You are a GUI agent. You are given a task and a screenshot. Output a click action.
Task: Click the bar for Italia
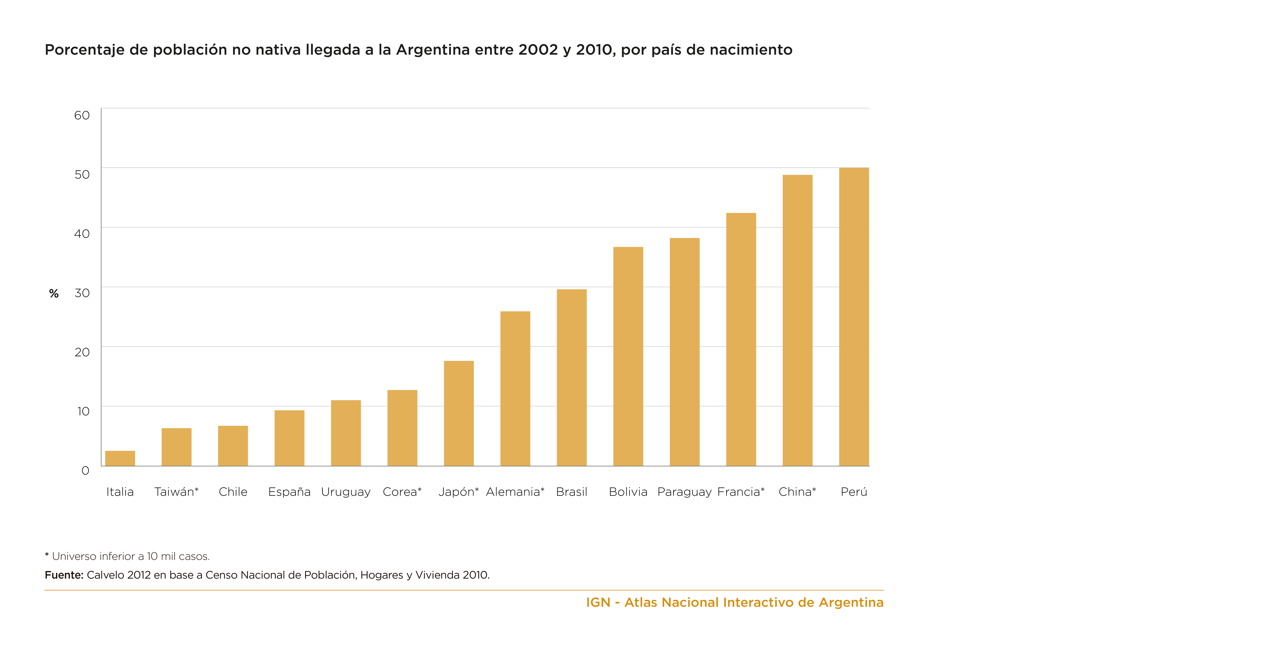[120, 458]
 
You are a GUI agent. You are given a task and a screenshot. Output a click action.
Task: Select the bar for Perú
[854, 317]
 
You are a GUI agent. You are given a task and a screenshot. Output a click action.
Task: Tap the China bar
[798, 320]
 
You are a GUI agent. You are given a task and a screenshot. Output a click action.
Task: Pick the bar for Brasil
[572, 378]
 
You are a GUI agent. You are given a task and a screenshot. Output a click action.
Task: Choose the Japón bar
[459, 413]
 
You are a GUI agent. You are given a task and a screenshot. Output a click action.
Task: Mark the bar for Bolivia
[628, 356]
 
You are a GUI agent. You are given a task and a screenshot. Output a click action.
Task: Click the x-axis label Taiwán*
[176, 492]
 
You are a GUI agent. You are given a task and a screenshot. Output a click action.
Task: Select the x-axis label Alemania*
[515, 492]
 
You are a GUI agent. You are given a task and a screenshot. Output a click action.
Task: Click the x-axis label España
[289, 492]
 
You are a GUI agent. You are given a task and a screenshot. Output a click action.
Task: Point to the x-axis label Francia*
[741, 492]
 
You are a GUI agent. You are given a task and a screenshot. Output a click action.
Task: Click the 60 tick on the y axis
[82, 115]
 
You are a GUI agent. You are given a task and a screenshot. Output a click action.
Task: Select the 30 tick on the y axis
[82, 293]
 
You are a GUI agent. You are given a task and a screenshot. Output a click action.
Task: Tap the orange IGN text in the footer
[598, 602]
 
